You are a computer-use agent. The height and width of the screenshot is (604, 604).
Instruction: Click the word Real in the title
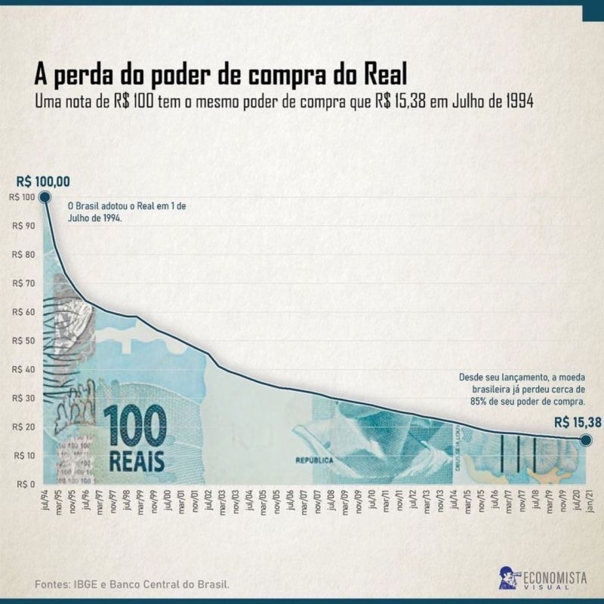381,75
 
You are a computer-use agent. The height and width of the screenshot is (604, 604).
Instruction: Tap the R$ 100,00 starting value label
42,181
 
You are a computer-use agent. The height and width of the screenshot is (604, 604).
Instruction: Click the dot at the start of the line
44,197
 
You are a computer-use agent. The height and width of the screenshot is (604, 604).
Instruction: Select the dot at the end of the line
587,440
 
